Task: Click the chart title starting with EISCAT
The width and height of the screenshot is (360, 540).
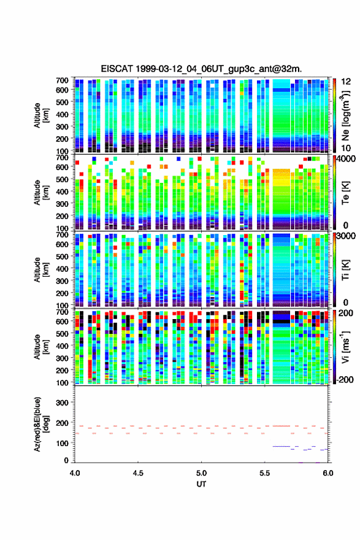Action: tap(201, 69)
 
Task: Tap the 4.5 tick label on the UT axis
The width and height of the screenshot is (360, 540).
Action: tap(138, 473)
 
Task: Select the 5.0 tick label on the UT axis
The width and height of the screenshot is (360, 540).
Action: tap(201, 473)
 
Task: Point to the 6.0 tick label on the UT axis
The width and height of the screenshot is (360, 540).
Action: tap(328, 473)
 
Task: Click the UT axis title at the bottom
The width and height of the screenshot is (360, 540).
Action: tap(201, 484)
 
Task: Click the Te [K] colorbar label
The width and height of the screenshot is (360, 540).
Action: tap(345, 193)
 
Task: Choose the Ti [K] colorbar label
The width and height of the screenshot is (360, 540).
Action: tap(345, 270)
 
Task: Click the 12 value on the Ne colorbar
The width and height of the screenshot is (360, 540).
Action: tap(347, 82)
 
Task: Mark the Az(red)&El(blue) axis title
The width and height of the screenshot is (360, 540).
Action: tap(41, 424)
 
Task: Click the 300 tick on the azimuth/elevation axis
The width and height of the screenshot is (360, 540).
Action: tap(62, 403)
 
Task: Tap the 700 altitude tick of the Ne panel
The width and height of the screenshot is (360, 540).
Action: tap(62, 80)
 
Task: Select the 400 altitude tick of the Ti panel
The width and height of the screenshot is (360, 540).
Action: tap(62, 269)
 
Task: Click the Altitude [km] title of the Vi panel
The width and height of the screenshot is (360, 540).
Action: tap(41, 347)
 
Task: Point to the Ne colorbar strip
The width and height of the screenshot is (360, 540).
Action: tap(334, 116)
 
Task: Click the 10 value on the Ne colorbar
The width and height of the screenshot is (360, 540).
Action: tap(346, 148)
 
